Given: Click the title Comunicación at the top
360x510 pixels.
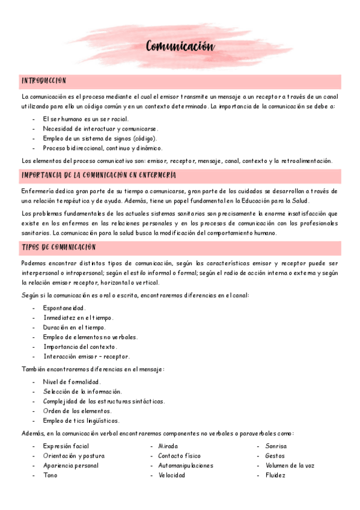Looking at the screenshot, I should [180, 47].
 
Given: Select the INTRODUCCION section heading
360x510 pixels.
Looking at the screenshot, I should [44, 81].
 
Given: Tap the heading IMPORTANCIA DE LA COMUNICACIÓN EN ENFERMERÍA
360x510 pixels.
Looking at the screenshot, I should [99, 174].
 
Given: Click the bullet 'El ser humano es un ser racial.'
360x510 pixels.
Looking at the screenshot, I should [85, 119].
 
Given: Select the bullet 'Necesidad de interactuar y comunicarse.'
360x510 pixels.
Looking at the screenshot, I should [100, 129].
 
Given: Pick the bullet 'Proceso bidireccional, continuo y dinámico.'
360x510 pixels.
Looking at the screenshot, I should [103, 148].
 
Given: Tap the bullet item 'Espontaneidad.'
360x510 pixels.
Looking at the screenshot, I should [64, 308].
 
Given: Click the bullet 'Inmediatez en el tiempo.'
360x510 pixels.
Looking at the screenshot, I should [78, 318].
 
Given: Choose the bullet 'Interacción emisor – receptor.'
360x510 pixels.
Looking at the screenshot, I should [86, 356].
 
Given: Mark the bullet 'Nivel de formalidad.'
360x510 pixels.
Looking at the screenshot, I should [72, 382].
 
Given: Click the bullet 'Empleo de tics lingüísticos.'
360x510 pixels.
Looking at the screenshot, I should [81, 420].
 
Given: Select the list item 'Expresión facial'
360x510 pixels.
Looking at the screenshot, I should [66, 446].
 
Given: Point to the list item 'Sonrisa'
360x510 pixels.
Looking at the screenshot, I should [276, 446].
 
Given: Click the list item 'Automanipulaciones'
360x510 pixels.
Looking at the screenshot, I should [185, 465].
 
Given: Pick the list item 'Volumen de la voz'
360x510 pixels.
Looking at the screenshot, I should [290, 465].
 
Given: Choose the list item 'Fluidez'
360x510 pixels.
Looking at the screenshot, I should [275, 475].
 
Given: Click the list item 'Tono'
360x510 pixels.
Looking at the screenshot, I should [50, 475].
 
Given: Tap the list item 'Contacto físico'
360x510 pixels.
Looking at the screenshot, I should [180, 456].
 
